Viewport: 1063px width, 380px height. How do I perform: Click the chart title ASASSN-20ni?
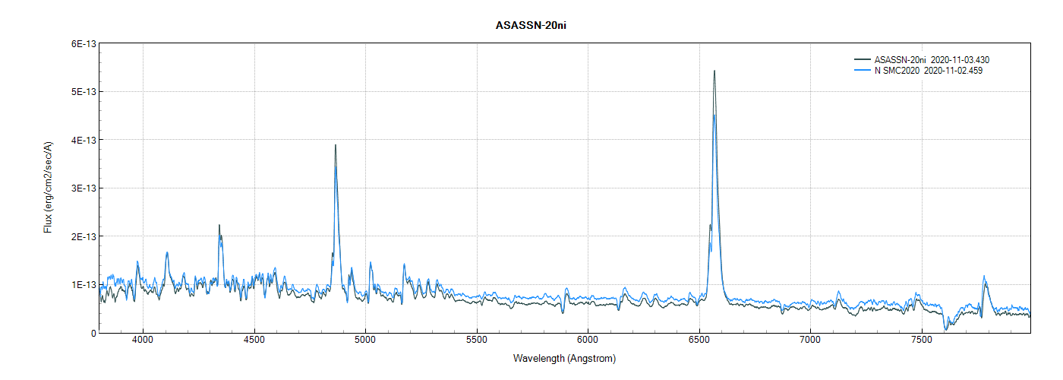(531, 26)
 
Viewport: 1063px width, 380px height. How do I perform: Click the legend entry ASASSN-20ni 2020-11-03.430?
(932, 59)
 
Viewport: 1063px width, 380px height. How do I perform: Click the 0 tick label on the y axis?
(93, 333)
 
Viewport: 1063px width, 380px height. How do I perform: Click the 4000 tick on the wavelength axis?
(143, 341)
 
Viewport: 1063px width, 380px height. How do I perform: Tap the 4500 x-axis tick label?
(254, 341)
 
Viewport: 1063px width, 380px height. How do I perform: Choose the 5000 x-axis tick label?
(365, 341)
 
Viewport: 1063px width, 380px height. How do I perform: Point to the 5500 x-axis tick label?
(477, 341)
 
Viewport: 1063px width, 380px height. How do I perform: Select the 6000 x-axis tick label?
(588, 341)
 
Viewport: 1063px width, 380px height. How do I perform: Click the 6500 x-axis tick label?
(699, 341)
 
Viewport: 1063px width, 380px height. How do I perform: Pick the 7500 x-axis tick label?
(921, 341)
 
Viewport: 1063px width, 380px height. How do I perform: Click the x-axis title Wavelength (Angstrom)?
(564, 359)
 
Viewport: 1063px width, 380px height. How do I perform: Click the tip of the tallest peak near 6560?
(714, 71)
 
